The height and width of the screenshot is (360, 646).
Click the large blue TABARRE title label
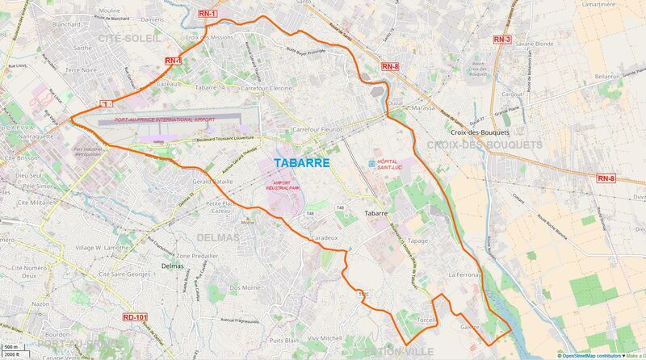point(301,163)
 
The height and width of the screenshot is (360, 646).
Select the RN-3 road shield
point(501,39)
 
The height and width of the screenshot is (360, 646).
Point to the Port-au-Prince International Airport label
point(166,119)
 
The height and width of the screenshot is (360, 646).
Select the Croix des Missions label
point(209,37)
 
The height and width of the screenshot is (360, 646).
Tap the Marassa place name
point(423,107)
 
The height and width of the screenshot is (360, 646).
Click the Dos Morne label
point(245,287)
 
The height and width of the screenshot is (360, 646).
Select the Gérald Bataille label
point(212,183)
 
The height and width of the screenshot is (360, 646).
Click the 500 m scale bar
point(11,349)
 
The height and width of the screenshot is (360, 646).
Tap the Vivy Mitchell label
point(325,338)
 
